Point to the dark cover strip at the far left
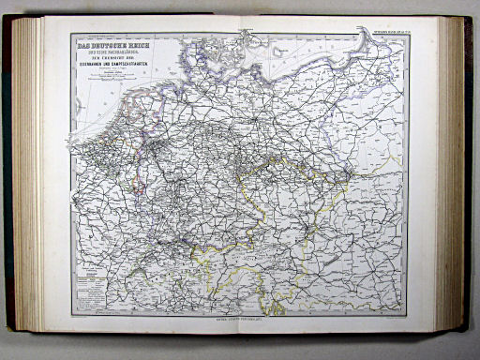tap(7, 178)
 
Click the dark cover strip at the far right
tap(472, 178)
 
